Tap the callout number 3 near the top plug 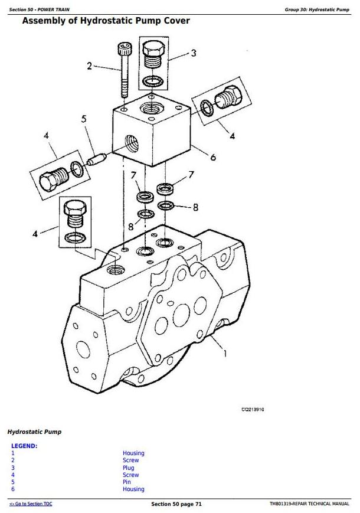tap(193, 53)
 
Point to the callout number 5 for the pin tap(84, 119)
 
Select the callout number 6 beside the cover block tap(213, 157)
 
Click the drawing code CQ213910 tap(252, 410)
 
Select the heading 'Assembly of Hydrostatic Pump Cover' tap(106, 21)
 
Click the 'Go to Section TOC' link tap(31, 504)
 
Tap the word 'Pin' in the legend tap(127, 482)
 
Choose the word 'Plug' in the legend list tap(128, 468)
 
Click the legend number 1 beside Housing tap(13, 453)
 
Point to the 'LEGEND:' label tap(24, 446)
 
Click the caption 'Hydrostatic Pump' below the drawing tap(34, 432)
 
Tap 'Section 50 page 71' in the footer tap(176, 504)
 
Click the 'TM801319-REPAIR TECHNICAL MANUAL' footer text tap(306, 504)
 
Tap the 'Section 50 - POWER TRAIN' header tap(40, 9)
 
